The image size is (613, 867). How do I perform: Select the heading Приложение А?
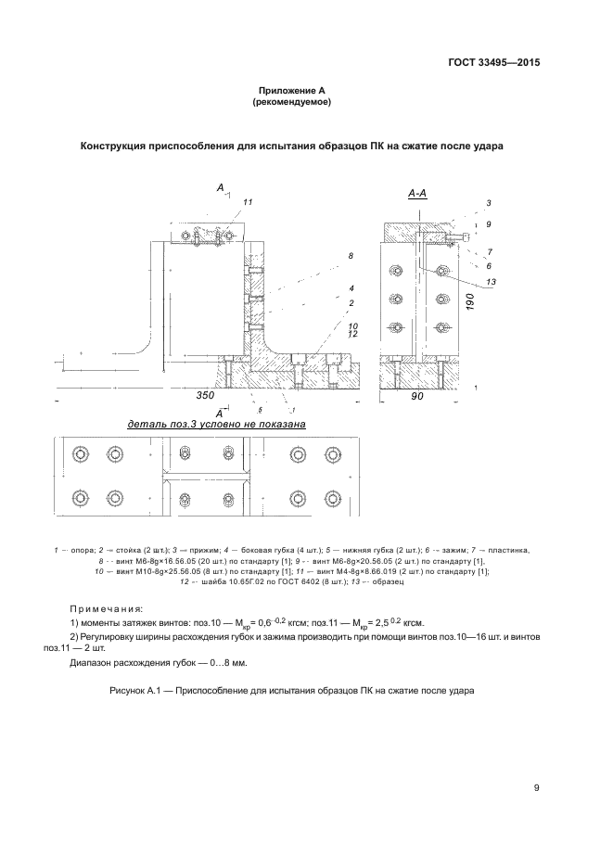tap(290, 90)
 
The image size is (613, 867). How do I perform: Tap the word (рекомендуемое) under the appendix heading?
tap(290, 101)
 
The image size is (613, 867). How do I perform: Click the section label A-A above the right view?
tap(416, 194)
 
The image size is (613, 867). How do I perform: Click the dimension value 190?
tap(470, 301)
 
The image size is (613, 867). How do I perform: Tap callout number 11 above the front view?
tap(248, 201)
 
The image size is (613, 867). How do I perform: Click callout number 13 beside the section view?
tap(492, 282)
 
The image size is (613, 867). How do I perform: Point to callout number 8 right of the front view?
tap(351, 255)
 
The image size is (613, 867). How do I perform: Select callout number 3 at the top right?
tap(489, 202)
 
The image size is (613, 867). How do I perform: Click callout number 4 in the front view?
tap(352, 288)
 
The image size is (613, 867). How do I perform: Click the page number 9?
tap(537, 788)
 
